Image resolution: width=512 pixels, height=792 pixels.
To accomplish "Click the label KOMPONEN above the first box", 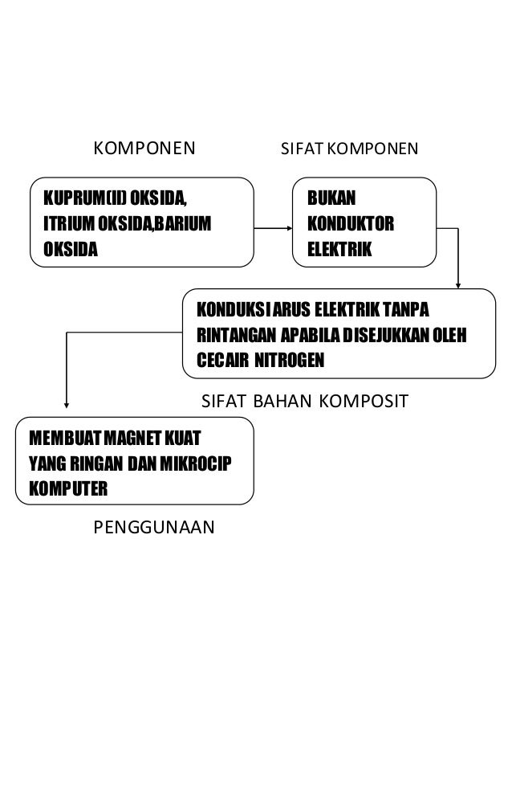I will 145,149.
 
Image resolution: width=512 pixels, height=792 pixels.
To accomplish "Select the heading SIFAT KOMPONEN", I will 349,149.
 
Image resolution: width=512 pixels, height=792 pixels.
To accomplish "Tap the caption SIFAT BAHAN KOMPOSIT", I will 304,400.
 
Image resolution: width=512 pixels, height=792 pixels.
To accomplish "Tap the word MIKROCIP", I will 206,463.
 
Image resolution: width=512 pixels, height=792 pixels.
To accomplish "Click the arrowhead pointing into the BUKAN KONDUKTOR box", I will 291,227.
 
